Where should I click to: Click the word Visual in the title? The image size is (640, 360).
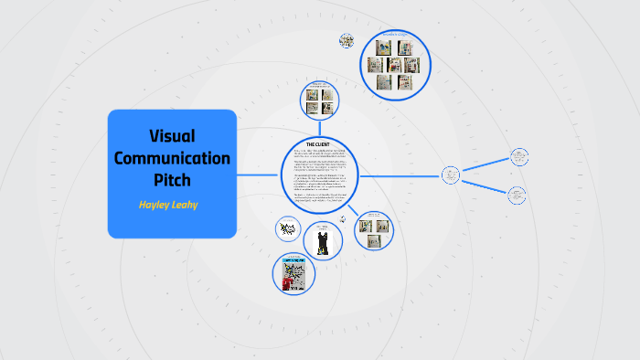[x=172, y=136]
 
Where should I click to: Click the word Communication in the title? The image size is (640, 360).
[x=172, y=157]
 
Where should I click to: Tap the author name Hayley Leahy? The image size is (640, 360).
[x=168, y=204]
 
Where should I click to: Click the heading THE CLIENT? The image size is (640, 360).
[x=319, y=144]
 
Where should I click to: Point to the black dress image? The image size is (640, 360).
[x=321, y=241]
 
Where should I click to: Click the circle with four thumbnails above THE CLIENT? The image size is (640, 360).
[x=319, y=100]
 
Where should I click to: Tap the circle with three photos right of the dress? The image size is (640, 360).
[x=372, y=229]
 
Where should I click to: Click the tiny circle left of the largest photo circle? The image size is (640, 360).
[x=347, y=40]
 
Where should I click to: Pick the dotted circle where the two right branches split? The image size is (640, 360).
[x=451, y=175]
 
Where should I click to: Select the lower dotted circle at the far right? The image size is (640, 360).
[x=517, y=195]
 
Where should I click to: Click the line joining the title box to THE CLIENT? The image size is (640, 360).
[x=259, y=175]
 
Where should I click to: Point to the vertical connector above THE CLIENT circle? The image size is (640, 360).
[x=319, y=127]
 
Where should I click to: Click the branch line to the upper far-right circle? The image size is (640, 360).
[x=485, y=165]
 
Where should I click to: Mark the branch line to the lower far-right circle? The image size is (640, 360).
[x=485, y=185]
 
